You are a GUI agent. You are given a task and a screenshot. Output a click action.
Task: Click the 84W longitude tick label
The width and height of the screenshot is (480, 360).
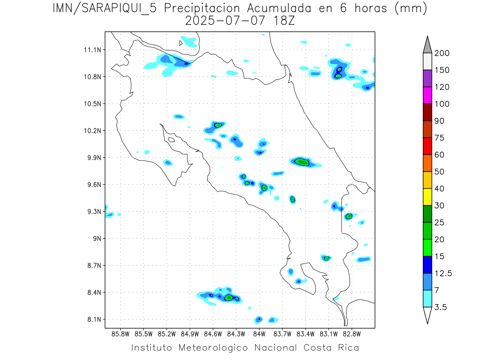tap(259, 333)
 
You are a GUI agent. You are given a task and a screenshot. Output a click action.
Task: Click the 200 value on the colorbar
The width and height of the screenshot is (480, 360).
tap(442, 53)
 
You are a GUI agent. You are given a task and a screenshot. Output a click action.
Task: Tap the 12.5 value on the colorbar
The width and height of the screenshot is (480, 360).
tap(443, 273)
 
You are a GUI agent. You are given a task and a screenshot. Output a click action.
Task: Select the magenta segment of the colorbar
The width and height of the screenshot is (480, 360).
tap(427, 95)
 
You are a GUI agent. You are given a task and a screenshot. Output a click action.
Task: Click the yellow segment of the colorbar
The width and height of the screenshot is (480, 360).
tap(427, 197)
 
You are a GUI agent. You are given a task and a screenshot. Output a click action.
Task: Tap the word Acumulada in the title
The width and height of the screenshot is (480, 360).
tap(268, 8)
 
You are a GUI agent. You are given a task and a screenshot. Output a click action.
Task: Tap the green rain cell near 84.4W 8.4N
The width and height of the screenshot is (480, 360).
tap(229, 298)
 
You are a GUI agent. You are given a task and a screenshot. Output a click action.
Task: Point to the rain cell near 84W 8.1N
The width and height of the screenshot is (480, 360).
tap(259, 319)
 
